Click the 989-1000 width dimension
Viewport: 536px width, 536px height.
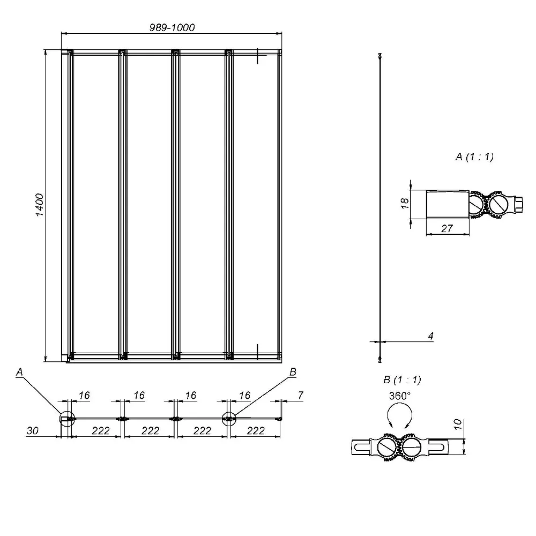point(172,27)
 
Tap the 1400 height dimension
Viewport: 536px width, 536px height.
point(40,205)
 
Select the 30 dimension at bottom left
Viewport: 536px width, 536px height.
point(33,431)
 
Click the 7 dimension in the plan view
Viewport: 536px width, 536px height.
point(301,395)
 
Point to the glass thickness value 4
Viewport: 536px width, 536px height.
point(431,336)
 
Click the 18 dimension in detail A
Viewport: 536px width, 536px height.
point(405,203)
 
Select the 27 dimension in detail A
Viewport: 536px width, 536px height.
point(447,228)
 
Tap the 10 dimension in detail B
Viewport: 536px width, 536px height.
point(458,424)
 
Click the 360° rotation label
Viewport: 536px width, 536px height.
point(400,396)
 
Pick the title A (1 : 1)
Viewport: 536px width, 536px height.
point(475,157)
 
